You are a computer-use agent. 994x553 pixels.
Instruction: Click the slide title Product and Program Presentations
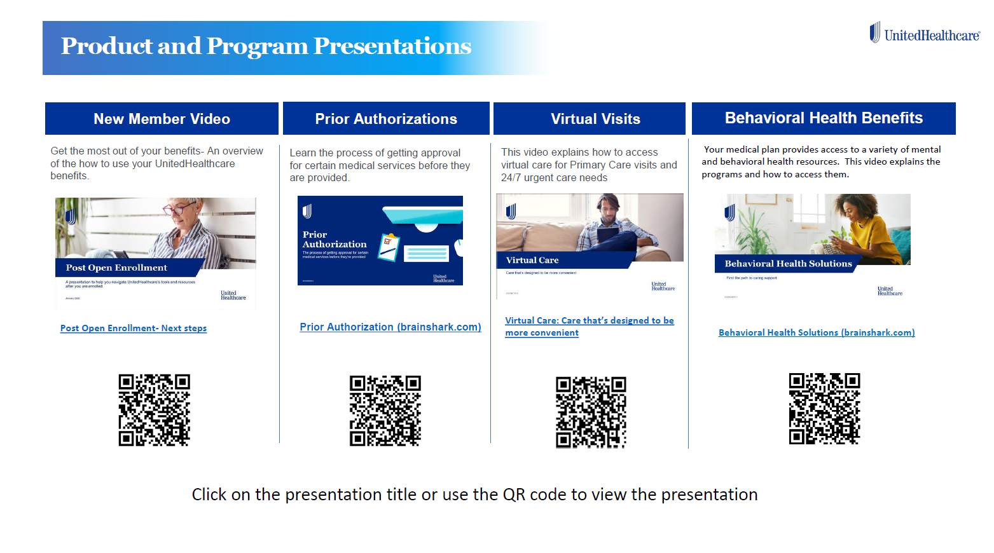point(266,46)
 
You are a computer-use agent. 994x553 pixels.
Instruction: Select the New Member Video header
point(162,119)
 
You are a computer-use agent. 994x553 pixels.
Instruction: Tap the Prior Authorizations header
point(386,119)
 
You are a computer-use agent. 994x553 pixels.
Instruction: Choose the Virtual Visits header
point(595,119)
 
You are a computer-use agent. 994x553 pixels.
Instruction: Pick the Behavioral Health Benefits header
point(824,118)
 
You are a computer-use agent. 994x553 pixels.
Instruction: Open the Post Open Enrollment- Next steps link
point(134,328)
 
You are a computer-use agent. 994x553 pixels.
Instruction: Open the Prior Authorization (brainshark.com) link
point(390,327)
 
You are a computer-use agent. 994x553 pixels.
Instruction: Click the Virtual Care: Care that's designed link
point(589,321)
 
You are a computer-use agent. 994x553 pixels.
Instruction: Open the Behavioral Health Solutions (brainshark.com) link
point(817,332)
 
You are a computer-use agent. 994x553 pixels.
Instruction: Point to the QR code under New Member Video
point(154,410)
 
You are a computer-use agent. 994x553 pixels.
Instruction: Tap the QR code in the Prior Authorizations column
point(385,411)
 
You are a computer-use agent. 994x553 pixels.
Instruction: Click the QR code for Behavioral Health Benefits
point(824,409)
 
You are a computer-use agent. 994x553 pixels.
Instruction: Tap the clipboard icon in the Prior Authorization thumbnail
point(389,247)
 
